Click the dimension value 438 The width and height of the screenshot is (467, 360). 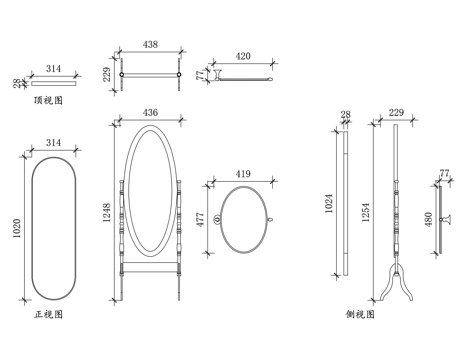coord(150,44)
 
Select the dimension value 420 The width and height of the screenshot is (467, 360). coord(243,56)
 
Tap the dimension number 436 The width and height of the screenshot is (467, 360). coord(150,112)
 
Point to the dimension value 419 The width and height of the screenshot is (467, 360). coord(243,174)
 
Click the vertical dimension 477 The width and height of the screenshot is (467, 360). coord(200,220)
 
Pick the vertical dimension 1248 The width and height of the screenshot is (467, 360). coord(107,213)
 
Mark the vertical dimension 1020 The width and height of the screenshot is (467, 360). coord(17,228)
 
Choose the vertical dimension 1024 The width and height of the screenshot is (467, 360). coord(329,203)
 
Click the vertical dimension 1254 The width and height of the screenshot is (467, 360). coord(366,212)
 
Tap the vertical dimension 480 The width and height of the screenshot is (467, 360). coord(428,219)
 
